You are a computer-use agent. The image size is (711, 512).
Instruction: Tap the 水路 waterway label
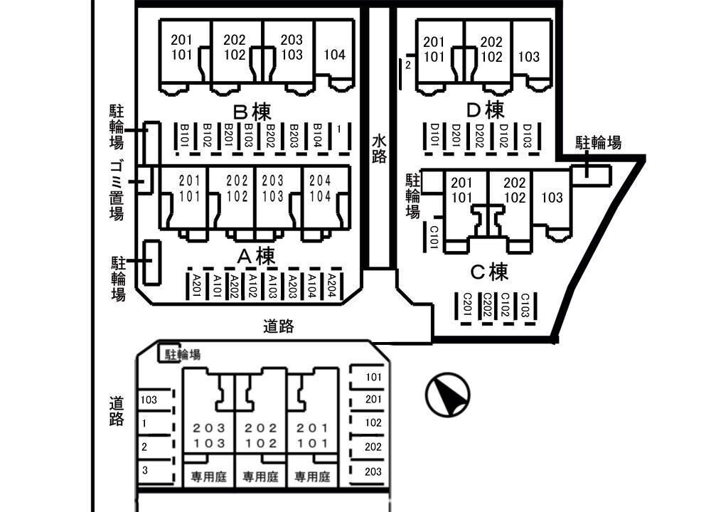point(380,149)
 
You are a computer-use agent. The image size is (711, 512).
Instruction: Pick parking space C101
point(432,235)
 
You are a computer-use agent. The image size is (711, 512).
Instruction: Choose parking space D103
point(527,134)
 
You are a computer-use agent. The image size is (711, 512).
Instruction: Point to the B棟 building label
point(252,112)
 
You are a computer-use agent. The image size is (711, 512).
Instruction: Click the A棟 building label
point(255,255)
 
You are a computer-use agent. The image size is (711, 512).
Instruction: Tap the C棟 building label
point(490,272)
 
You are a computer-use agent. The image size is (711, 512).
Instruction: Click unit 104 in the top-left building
point(334,55)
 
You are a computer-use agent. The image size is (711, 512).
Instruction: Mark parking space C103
point(525,305)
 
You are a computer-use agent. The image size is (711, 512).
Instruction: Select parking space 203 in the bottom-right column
point(373,471)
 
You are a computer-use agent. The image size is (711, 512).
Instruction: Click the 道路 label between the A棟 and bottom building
point(278,326)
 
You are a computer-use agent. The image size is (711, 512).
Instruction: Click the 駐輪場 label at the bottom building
point(183,353)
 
